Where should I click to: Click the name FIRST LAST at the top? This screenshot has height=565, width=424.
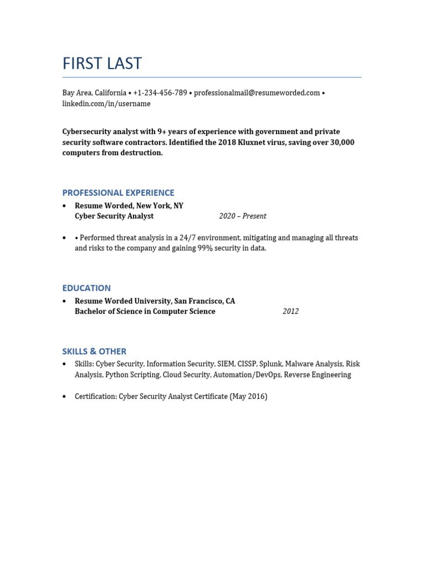click(x=102, y=64)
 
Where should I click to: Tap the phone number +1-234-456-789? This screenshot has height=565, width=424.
click(x=160, y=93)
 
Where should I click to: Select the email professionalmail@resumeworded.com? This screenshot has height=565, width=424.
click(x=257, y=93)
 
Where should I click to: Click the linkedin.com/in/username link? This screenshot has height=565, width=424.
click(x=106, y=104)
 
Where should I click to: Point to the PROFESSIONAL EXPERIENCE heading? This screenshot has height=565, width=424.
click(x=118, y=193)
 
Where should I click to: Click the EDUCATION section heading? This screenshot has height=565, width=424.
click(x=86, y=288)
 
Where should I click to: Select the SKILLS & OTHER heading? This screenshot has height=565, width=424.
click(x=94, y=351)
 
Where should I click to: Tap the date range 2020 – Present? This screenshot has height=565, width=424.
click(x=242, y=216)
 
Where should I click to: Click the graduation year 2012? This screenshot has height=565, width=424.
click(x=290, y=312)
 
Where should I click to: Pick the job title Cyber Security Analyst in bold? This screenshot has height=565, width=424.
click(x=114, y=216)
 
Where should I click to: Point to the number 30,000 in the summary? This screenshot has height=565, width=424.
click(x=340, y=142)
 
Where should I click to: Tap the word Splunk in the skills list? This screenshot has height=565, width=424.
click(x=271, y=364)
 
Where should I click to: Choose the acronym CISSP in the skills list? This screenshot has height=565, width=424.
click(x=247, y=364)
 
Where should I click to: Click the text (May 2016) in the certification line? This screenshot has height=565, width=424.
click(x=248, y=396)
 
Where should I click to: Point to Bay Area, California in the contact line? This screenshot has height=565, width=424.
click(x=94, y=93)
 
